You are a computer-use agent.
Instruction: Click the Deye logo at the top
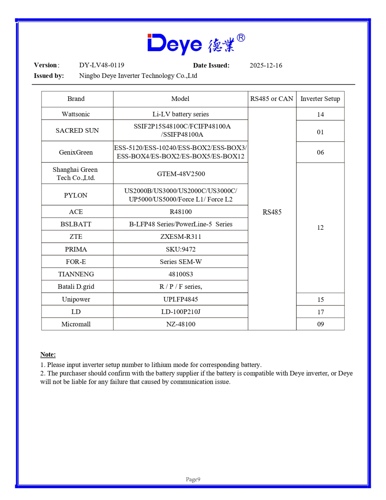tap(196, 44)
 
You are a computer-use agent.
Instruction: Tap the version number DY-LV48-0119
tap(101, 65)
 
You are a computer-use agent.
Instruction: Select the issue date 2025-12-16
tap(266, 65)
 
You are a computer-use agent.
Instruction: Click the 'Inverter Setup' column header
tap(320, 99)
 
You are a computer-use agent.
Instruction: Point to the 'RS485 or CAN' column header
tap(272, 99)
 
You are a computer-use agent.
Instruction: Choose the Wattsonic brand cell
tap(76, 114)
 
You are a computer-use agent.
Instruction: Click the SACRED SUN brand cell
tap(77, 130)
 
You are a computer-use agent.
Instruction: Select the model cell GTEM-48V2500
tap(181, 174)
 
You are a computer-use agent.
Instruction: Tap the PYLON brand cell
tap(76, 195)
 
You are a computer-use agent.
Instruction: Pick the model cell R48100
tap(181, 212)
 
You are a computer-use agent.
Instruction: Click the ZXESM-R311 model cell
tap(181, 237)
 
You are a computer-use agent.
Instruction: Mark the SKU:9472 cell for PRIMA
tap(181, 249)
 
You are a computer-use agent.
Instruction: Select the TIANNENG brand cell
tap(76, 274)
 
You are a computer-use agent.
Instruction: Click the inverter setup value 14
tap(320, 114)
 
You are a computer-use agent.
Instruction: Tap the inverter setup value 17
tap(320, 312)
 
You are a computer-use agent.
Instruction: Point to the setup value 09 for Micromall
tap(320, 324)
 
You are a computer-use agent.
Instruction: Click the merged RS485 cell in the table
tap(272, 212)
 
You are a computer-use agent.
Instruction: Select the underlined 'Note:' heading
tap(48, 354)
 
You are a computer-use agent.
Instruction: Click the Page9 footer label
tap(193, 479)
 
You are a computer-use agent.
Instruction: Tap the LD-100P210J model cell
tap(181, 312)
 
